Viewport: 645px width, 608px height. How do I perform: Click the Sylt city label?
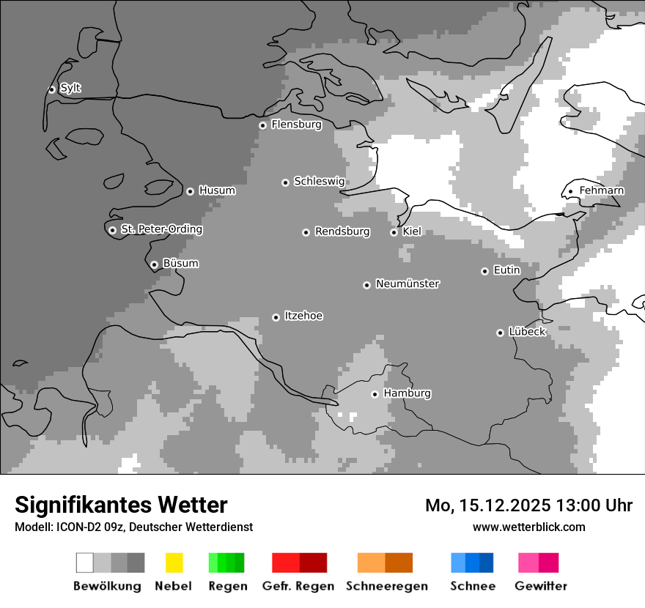[x=70, y=89]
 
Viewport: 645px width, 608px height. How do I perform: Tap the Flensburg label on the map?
[x=296, y=125]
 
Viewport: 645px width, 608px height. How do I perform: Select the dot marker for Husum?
[x=190, y=191]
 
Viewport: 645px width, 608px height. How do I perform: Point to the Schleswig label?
[x=319, y=182]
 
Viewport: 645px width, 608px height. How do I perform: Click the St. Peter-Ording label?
[x=161, y=229]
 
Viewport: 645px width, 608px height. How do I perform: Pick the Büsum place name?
[x=180, y=264]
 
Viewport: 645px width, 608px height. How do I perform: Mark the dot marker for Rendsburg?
[x=306, y=232]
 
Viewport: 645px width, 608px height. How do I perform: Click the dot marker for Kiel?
[x=394, y=232]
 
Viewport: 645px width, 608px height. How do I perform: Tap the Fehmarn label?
[x=601, y=191]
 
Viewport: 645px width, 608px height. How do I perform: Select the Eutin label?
[x=506, y=270]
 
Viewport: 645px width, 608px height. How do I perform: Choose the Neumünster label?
[x=407, y=284]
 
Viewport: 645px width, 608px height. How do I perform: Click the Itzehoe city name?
[x=303, y=316]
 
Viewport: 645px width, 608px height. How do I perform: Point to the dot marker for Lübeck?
[x=500, y=333]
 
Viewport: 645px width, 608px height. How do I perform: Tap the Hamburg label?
[x=407, y=393]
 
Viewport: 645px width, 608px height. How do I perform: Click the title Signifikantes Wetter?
[x=121, y=505]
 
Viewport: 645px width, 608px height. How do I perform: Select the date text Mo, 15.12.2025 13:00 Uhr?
[x=528, y=505]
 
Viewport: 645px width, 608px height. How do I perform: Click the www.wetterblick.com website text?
[x=528, y=527]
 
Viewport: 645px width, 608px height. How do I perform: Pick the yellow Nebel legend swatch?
[x=174, y=563]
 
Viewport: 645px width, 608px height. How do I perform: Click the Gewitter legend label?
[x=540, y=586]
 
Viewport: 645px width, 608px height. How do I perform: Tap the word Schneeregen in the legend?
[x=386, y=586]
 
